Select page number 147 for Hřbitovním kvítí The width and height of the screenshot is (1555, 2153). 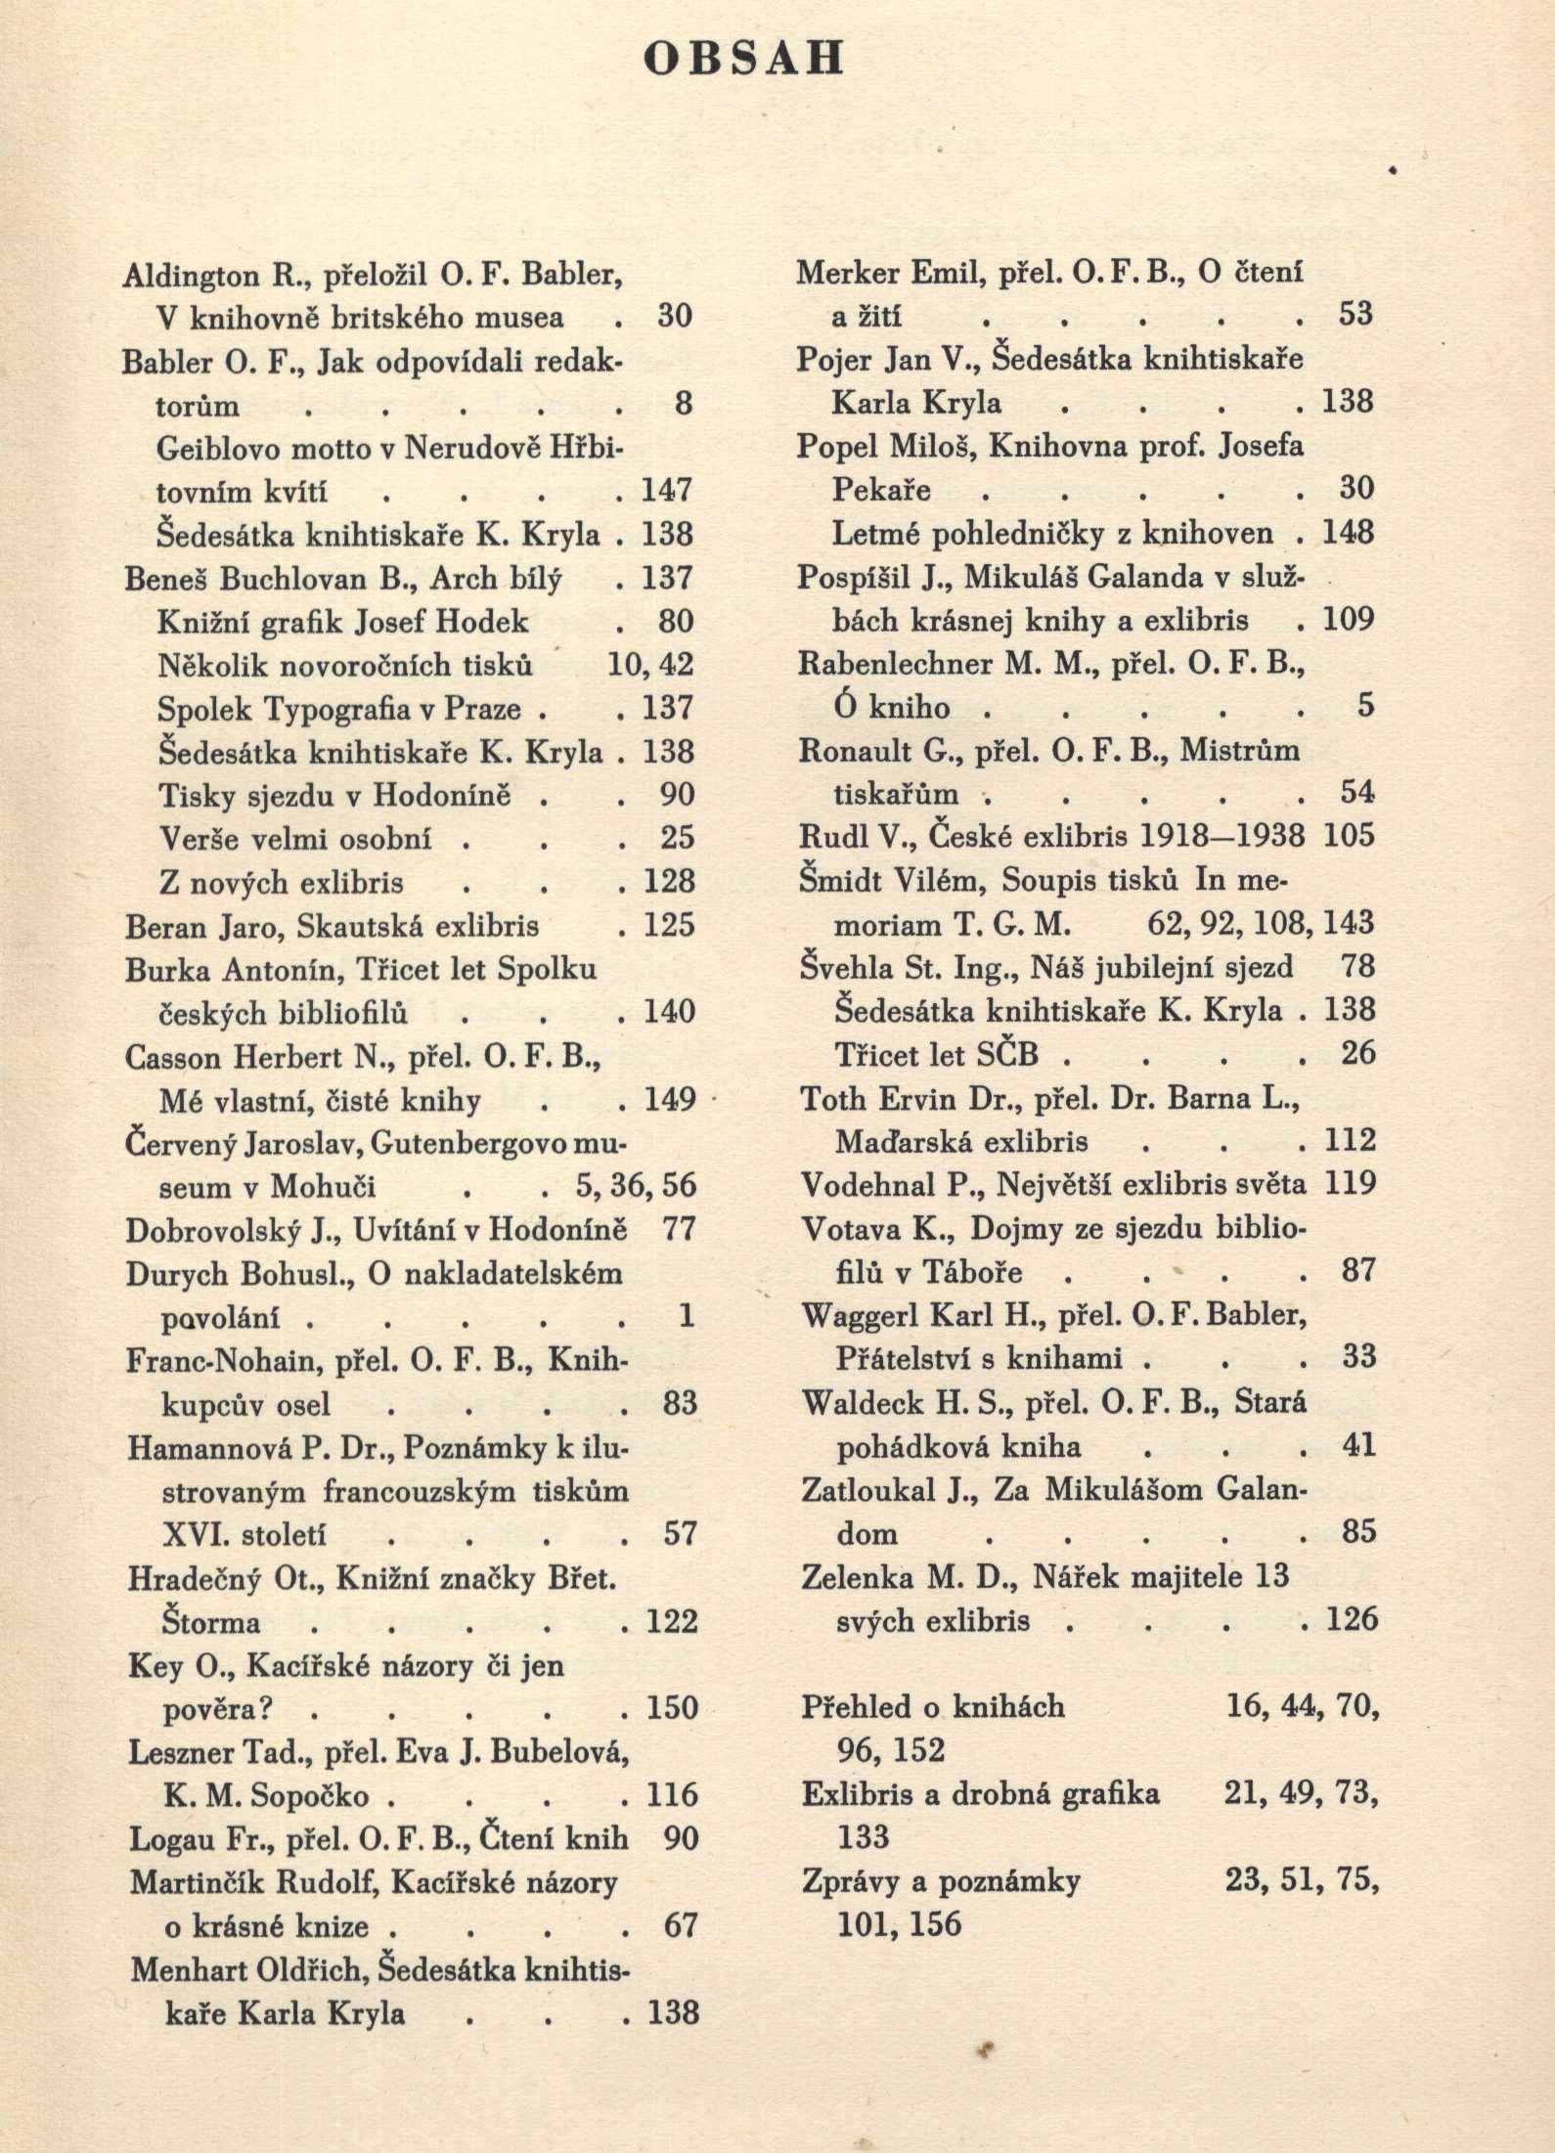(x=667, y=490)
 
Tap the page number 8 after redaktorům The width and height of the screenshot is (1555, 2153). (x=684, y=404)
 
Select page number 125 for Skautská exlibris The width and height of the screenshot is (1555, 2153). (x=669, y=925)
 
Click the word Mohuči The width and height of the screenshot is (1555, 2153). (x=323, y=1187)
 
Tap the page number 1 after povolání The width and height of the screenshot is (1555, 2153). (x=686, y=1316)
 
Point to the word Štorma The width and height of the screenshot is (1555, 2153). (x=210, y=1623)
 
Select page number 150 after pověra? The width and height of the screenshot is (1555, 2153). (x=672, y=1708)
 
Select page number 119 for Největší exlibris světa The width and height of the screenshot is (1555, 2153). (x=1350, y=1184)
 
